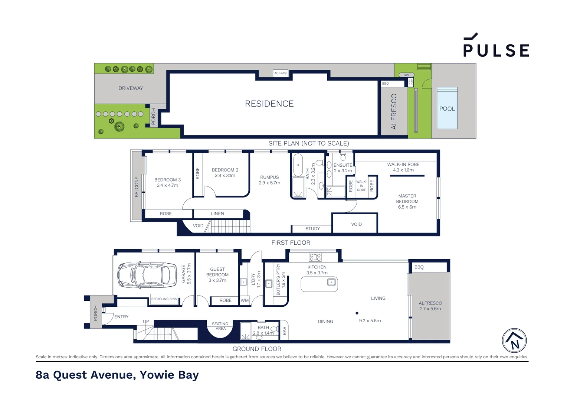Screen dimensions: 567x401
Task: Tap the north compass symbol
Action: coord(514,340)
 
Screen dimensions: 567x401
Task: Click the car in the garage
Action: coord(147,275)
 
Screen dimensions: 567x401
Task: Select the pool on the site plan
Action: coord(447,108)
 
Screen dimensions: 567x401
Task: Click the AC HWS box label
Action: coord(281,73)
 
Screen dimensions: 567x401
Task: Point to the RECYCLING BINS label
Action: coord(164,299)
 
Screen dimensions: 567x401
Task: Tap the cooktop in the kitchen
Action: coord(315,257)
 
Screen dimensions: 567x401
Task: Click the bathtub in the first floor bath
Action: coord(298,165)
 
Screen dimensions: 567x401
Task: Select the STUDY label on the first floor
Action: coord(312,228)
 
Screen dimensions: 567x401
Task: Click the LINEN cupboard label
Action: coord(217,213)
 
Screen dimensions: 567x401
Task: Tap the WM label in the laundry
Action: coord(245,300)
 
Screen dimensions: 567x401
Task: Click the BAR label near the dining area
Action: coord(284,330)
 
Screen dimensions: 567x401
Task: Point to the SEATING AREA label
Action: coord(220,326)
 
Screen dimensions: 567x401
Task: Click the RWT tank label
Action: coord(407,75)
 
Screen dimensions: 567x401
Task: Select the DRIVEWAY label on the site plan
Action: coord(131,88)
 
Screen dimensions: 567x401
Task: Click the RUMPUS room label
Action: coord(269,177)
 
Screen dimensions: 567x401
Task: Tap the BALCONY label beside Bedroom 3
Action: coord(137,187)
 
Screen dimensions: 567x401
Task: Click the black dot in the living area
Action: coord(357,313)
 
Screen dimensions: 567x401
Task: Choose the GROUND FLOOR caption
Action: coord(257,349)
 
